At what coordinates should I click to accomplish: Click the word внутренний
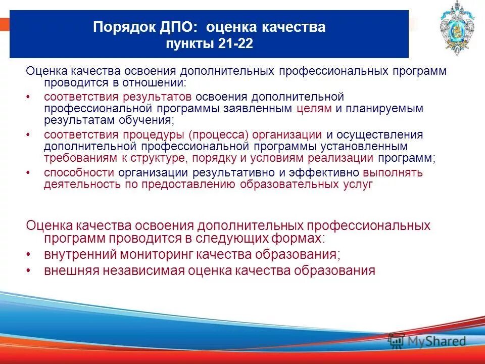click(x=74, y=254)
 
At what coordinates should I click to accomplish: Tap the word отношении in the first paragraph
click(x=160, y=82)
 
